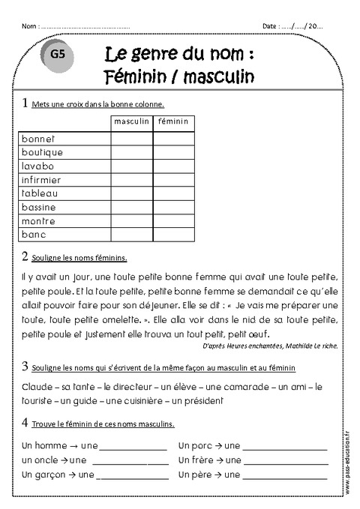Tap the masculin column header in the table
point(131,121)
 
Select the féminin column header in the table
point(174,121)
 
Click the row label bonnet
point(39,139)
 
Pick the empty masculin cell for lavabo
point(131,166)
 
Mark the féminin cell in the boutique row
point(174,152)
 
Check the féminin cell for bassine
point(174,207)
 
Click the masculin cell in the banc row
point(131,234)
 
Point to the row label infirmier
point(44,180)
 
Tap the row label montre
point(39,220)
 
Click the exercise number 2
point(25,257)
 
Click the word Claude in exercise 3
point(34,386)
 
